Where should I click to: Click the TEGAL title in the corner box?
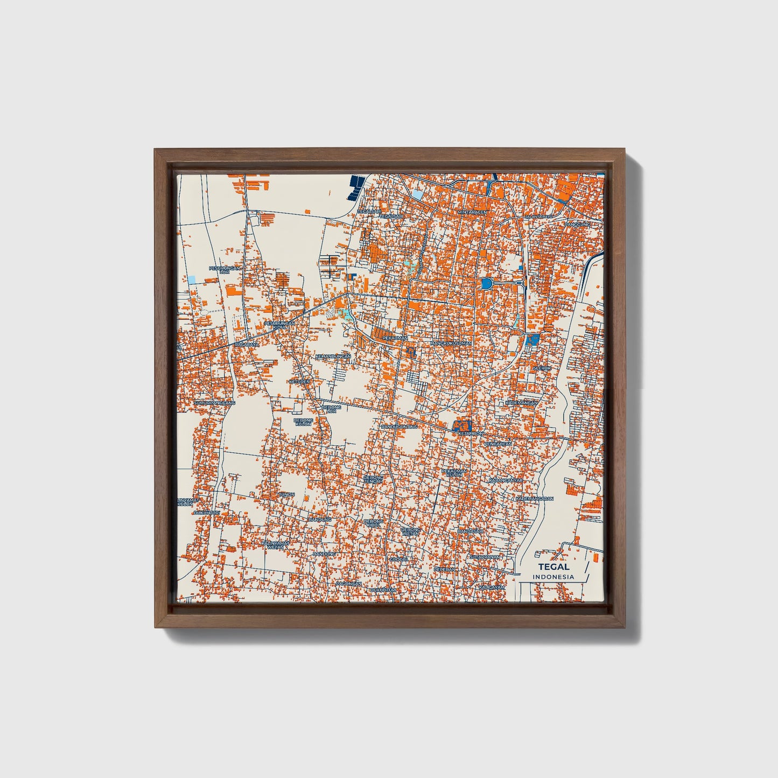pos(553,567)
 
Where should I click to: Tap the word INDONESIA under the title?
pos(553,577)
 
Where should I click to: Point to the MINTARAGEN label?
pos(472,212)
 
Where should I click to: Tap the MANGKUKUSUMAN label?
pos(451,343)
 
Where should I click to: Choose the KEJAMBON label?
pos(468,433)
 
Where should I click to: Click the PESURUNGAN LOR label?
pos(225,269)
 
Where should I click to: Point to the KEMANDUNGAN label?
pos(333,356)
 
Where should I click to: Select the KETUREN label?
pos(300,382)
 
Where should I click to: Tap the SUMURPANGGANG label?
pos(214,403)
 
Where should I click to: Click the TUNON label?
pos(286,494)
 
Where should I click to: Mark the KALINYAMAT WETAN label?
pos(275,545)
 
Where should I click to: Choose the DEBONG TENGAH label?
pos(373,479)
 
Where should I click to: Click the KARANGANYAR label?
pos(506,480)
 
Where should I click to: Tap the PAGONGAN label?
pos(348,583)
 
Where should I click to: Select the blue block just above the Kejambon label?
pos(462,425)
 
